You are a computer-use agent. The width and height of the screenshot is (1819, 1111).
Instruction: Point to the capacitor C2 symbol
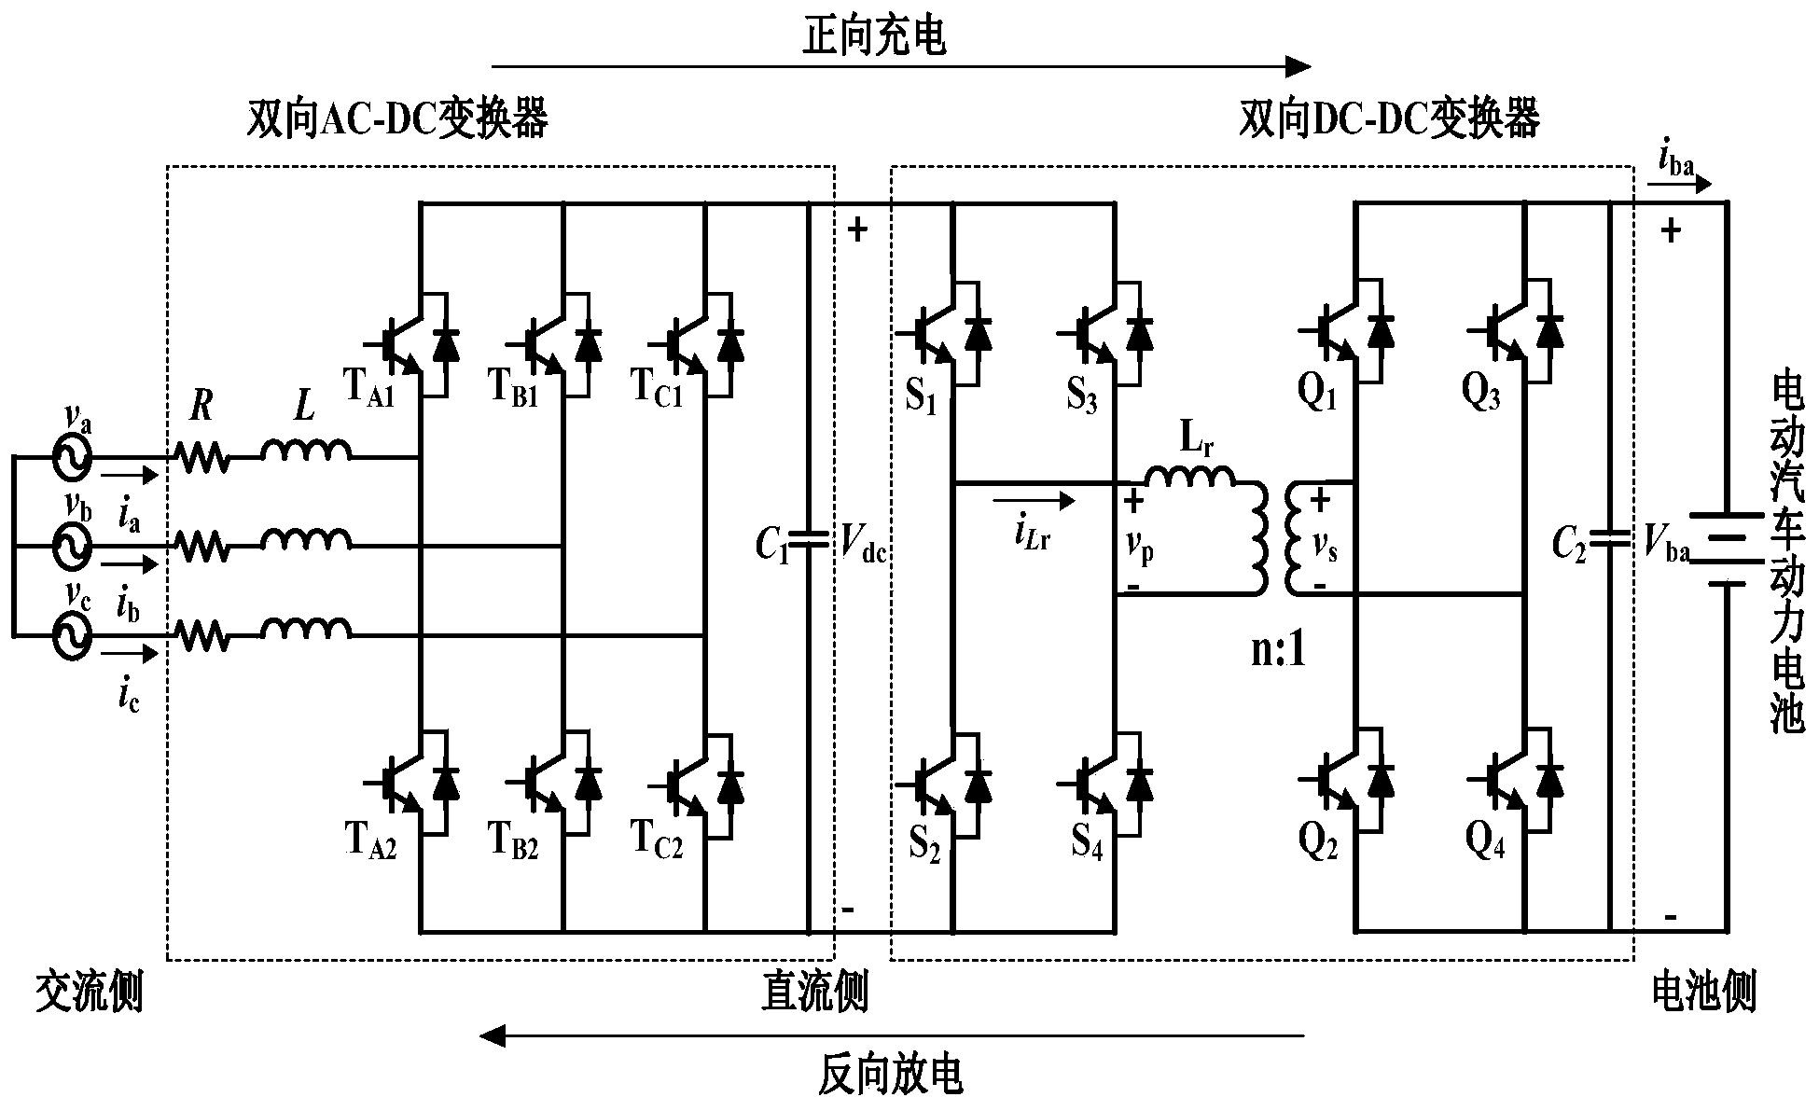pos(1609,539)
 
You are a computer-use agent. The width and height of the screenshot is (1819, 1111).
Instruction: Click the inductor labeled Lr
pos(1190,477)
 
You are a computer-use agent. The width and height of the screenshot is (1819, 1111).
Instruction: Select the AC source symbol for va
pos(71,458)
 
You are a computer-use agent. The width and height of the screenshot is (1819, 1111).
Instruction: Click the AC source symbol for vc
pos(71,636)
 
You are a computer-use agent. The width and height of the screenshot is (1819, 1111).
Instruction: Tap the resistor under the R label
pos(201,458)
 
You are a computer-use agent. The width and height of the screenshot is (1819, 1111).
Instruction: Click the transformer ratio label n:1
pos(1279,650)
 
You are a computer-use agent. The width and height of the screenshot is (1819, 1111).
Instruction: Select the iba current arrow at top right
pos(1679,185)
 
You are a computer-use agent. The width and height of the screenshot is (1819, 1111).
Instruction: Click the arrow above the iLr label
pos(1034,501)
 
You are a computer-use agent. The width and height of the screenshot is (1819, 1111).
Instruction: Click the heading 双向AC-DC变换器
pos(396,118)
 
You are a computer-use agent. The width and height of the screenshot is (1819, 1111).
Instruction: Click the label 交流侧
pos(90,993)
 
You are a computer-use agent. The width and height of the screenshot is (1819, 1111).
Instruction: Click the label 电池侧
pos(1702,993)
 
